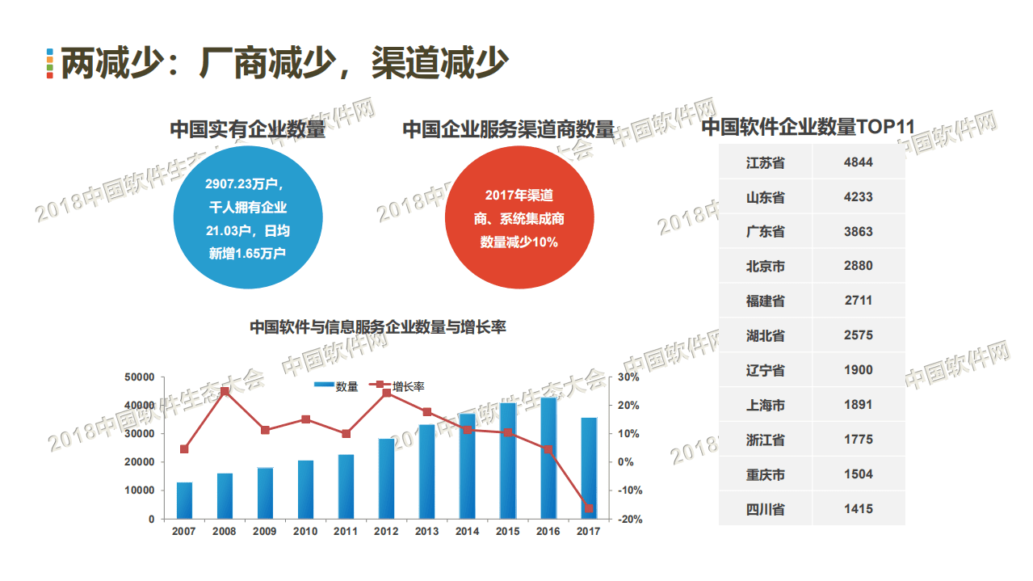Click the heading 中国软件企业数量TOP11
pos(807,128)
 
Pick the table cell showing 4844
pos(858,162)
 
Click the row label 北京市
pos(765,267)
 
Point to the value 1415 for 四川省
pos(858,509)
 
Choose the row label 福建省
pos(765,301)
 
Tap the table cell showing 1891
pos(858,405)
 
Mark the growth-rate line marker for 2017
pos(589,508)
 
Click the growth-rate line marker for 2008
pos(225,392)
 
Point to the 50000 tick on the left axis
pos(140,377)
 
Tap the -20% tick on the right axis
pos(629,520)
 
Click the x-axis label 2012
pos(386,532)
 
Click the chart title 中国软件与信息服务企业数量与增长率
pos(377,327)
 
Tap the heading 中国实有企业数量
pos(247,129)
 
